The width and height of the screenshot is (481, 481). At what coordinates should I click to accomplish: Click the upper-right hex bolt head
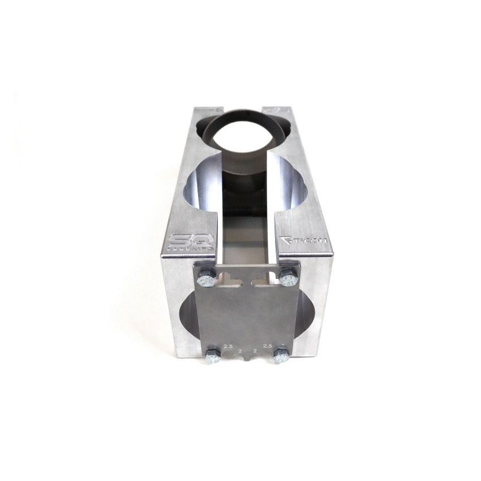pos(287,278)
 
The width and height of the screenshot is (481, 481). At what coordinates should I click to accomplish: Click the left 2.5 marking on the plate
pos(229,345)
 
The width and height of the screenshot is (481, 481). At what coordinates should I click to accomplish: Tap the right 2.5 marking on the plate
pos(268,345)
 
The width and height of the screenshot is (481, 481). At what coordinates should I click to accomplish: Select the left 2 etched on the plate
pos(240,352)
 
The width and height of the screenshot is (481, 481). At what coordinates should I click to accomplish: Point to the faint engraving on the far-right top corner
pos(278,108)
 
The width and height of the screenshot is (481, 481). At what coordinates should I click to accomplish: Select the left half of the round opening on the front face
pos(189,320)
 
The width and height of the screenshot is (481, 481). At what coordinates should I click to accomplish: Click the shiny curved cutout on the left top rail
pos(204,181)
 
